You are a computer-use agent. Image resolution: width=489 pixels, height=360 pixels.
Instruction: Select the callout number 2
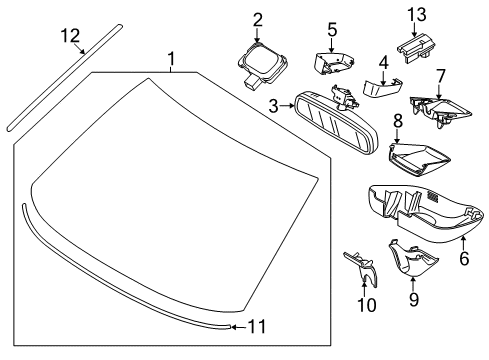pos(257,18)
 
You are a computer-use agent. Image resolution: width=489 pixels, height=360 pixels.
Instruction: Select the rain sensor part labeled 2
pos(258,57)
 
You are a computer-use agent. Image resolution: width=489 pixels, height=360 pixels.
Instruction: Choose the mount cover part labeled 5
pos(331,62)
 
